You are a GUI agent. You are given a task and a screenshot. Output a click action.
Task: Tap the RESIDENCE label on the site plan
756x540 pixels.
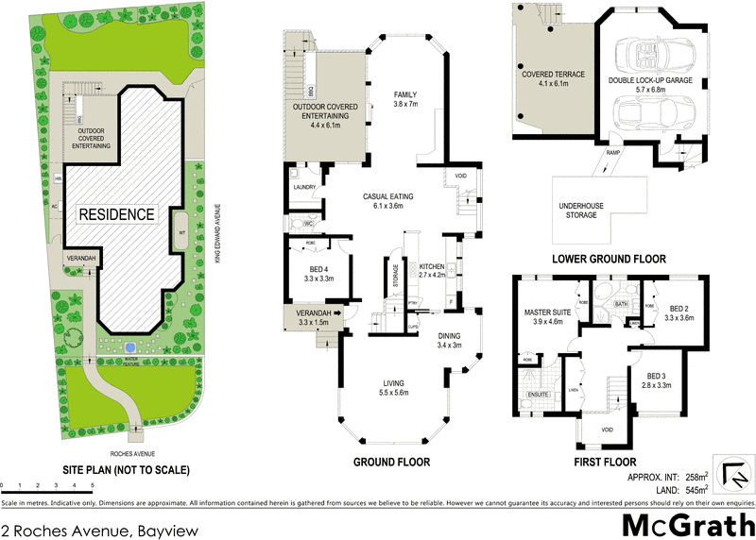(x=115, y=214)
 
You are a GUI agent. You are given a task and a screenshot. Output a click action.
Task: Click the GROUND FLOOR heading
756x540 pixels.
(x=391, y=462)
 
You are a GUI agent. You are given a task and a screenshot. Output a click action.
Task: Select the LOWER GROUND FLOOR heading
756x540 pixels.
(x=610, y=259)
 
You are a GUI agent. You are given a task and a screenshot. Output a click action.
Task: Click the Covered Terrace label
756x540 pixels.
(x=554, y=77)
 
